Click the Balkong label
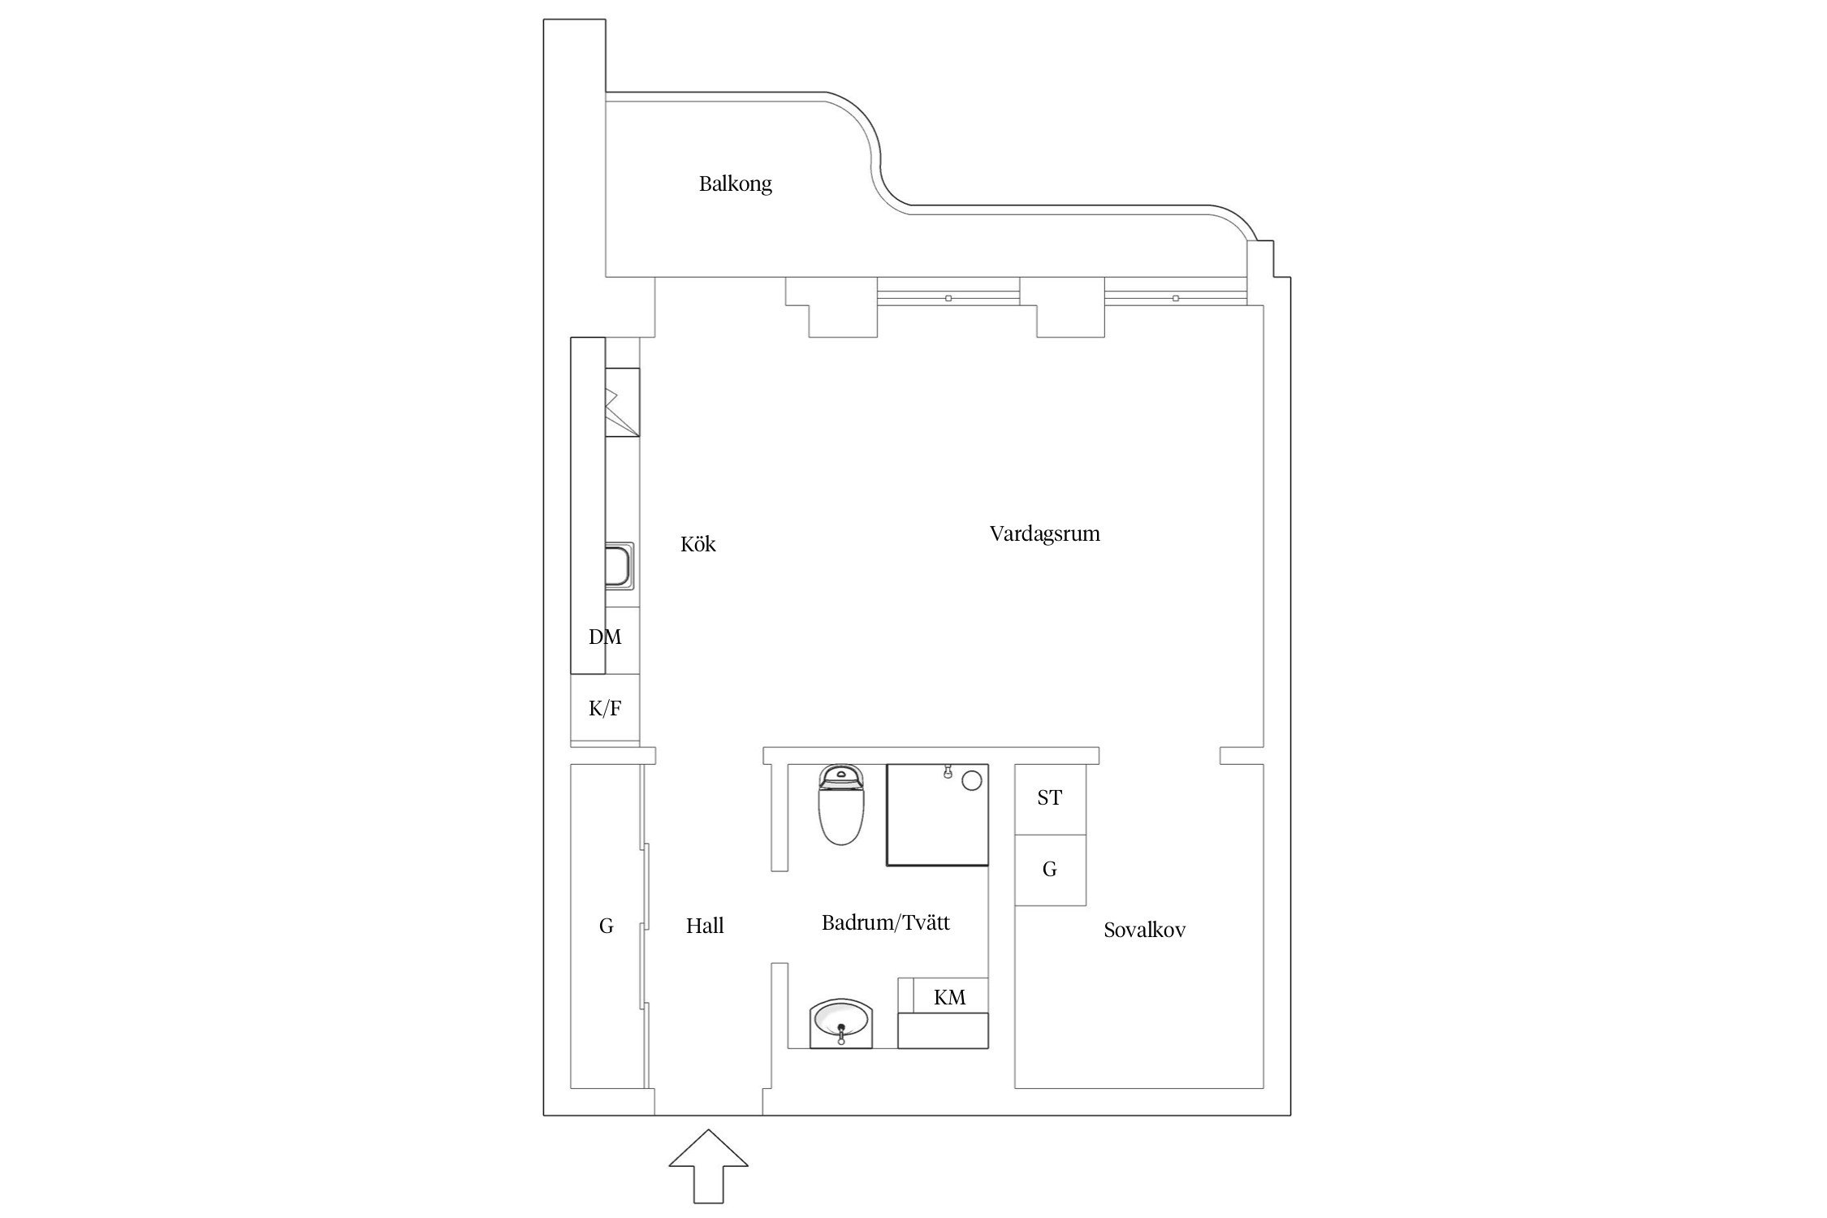tap(735, 184)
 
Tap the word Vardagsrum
tap(1044, 534)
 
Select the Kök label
tap(698, 544)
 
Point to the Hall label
tap(705, 926)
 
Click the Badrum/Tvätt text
tap(885, 922)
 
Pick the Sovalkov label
tap(1144, 931)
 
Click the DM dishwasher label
tap(605, 637)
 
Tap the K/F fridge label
tap(605, 709)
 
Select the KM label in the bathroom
tap(949, 997)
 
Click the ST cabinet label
tap(1049, 798)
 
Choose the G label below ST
tap(1049, 870)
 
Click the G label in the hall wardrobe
tap(606, 926)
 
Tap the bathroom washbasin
tap(841, 1024)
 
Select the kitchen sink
tap(619, 567)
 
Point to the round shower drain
tap(972, 781)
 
